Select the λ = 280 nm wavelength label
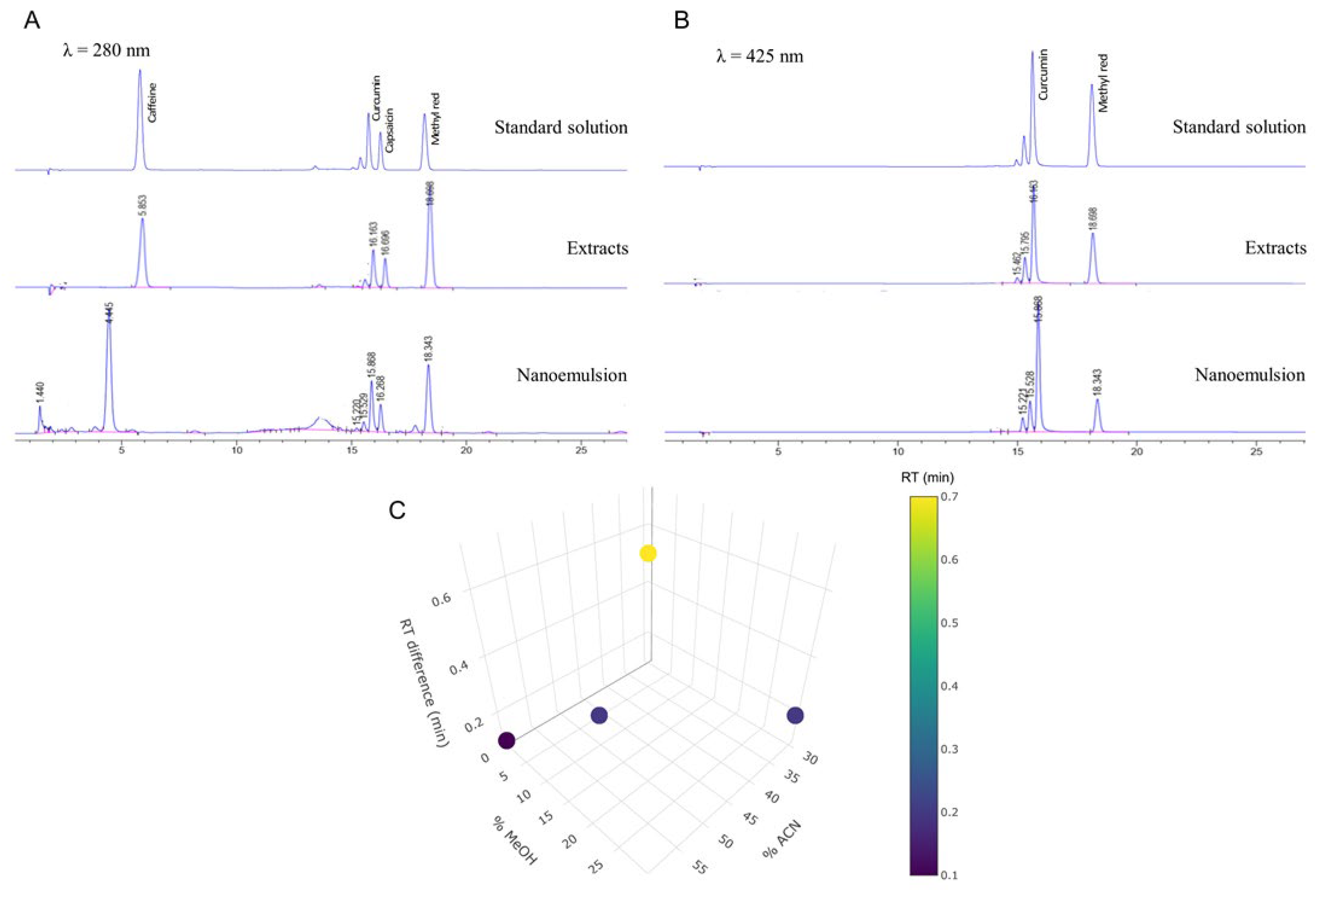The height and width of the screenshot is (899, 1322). pyautogui.click(x=107, y=51)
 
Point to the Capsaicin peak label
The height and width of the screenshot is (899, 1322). pyautogui.click(x=389, y=130)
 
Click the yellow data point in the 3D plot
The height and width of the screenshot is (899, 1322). pyautogui.click(x=648, y=553)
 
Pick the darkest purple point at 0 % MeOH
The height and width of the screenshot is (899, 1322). pyautogui.click(x=506, y=740)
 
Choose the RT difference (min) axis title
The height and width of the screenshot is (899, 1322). pyautogui.click(x=424, y=683)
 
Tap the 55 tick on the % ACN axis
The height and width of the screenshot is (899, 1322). pyautogui.click(x=700, y=868)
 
